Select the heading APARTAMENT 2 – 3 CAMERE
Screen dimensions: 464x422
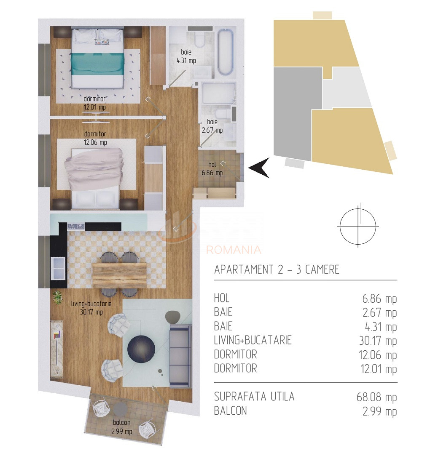click(277, 269)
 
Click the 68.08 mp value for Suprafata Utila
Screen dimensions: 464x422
click(376, 397)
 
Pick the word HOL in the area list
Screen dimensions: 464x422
click(222, 299)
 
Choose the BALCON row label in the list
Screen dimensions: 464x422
click(230, 411)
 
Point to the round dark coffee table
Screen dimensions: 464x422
click(141, 348)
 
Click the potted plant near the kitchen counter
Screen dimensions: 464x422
click(56, 298)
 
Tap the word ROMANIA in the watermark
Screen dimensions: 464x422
click(234, 250)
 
